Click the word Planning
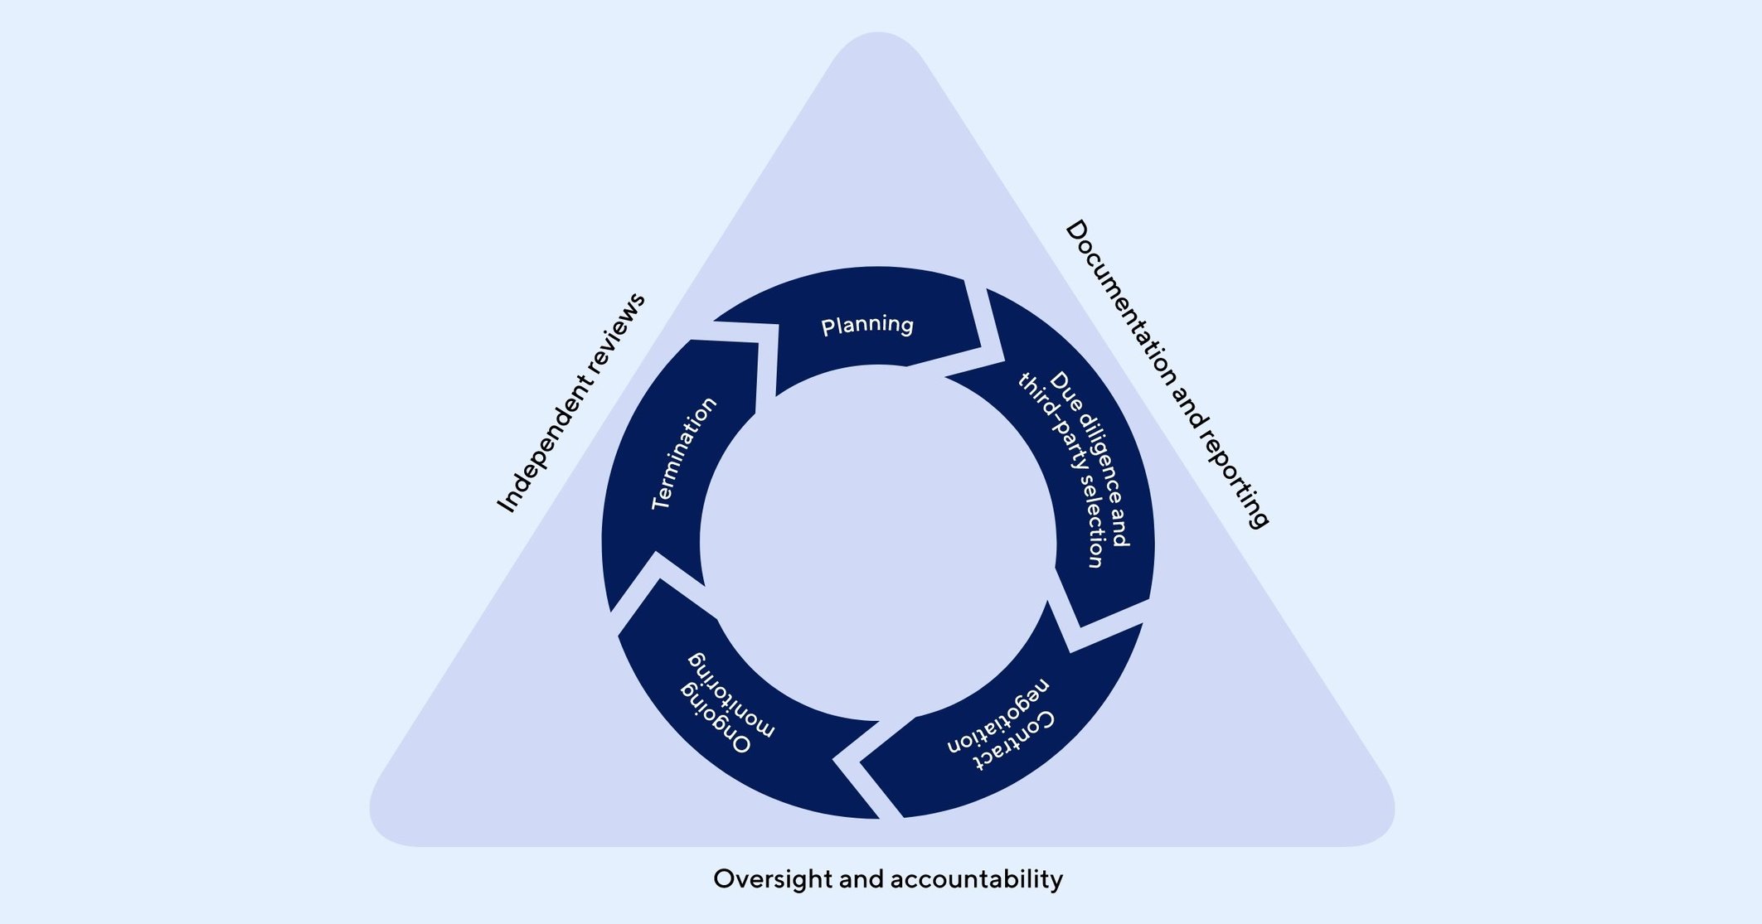[x=867, y=325]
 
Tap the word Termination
[x=683, y=453]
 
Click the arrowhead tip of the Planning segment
[x=981, y=347]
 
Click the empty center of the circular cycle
[x=879, y=543]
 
